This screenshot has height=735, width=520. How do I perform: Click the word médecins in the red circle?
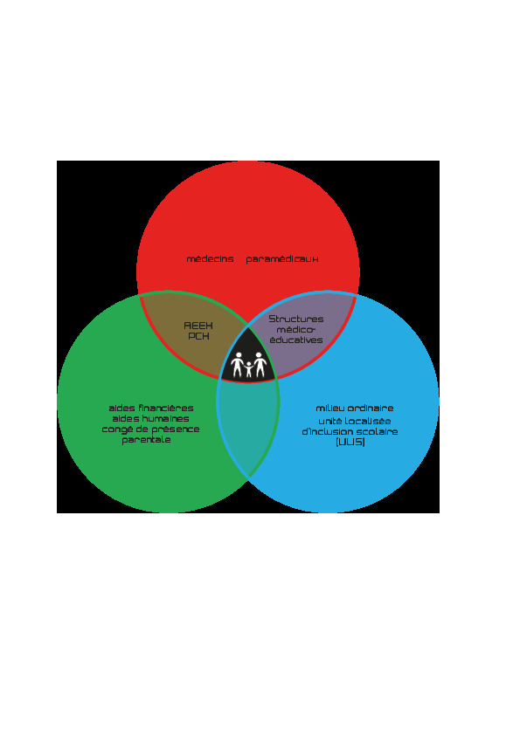tap(210, 258)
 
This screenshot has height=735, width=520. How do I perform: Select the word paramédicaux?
tap(282, 259)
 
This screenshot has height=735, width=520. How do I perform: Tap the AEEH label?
tap(198, 326)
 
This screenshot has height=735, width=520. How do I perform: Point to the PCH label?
tap(198, 336)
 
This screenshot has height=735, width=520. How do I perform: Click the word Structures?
tap(296, 319)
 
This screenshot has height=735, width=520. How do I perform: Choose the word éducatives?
tap(296, 340)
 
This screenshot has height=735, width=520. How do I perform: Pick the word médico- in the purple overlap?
tap(295, 330)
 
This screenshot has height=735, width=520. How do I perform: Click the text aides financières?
tap(150, 408)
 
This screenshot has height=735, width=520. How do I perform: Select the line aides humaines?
tap(150, 419)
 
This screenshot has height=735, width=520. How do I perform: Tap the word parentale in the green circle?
tap(146, 440)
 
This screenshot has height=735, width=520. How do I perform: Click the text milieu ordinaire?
tap(354, 408)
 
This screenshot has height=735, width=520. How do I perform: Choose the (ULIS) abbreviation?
tap(350, 442)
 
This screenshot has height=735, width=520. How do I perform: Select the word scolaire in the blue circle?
tap(378, 431)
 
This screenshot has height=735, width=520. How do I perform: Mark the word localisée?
tap(367, 421)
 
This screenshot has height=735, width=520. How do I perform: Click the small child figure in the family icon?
tap(248, 369)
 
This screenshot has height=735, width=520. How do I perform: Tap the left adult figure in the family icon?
tap(238, 365)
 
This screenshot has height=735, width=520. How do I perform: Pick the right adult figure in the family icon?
tap(259, 365)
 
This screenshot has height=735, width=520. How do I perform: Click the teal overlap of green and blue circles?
tap(248, 427)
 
